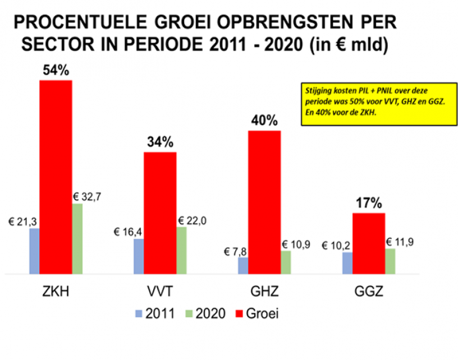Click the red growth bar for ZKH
point(56,177)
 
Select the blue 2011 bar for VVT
point(139,256)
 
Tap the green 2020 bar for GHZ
point(286,262)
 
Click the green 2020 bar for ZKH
point(77,238)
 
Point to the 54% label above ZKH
point(56,71)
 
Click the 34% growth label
point(161,142)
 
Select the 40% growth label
point(264,121)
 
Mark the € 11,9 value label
point(401,243)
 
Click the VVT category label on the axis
point(160,292)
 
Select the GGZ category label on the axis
point(369,292)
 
